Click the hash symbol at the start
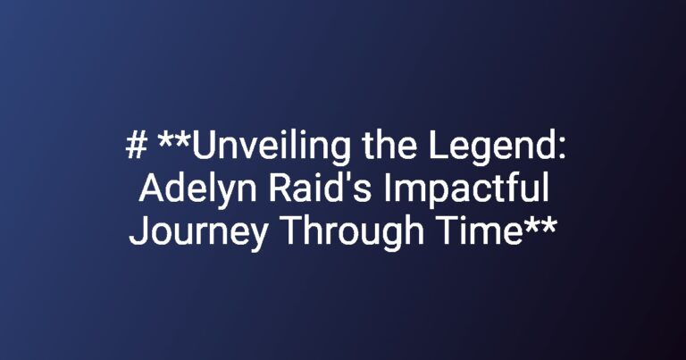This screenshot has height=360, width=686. (x=136, y=146)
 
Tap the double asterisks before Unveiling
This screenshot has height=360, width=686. (x=174, y=140)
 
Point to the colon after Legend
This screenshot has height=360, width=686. (x=561, y=149)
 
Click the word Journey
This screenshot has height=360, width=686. (x=198, y=233)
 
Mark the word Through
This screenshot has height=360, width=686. (x=355, y=233)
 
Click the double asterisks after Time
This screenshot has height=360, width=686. (x=541, y=225)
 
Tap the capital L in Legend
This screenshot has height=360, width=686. (x=439, y=146)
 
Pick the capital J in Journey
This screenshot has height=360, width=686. (x=138, y=231)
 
